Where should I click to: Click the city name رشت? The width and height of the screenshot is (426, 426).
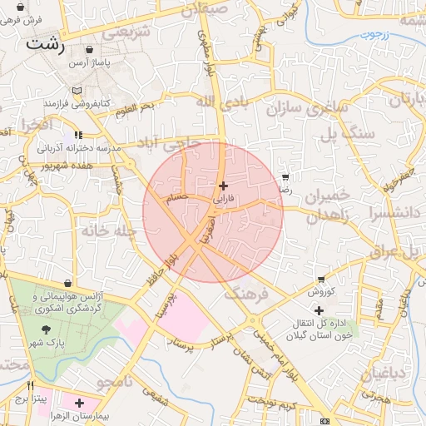45,43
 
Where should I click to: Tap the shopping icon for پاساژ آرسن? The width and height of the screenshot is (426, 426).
91,51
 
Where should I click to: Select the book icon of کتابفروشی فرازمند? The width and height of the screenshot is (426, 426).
78,90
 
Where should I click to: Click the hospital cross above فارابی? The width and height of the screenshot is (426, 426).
222,186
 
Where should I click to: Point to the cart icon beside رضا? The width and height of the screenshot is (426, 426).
285,177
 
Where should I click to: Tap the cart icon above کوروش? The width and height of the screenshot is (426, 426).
321,279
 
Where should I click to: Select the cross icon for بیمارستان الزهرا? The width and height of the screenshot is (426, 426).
80,403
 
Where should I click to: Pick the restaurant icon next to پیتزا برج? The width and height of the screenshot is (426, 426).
31,386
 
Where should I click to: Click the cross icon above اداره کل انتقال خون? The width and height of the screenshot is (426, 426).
318,310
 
